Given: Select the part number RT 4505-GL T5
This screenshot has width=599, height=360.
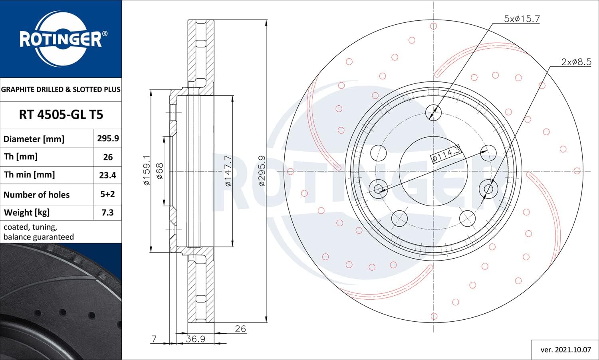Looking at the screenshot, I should pos(61,115).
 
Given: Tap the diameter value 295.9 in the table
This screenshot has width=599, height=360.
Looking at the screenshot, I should pos(108,138).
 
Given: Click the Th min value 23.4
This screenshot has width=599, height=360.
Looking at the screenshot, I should pos(107,175).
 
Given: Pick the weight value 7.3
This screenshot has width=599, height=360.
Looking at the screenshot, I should pos(107,212).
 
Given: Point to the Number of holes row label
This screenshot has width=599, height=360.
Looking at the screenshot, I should pos(36,194).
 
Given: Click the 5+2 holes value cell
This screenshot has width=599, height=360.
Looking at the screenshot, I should pos(107,194).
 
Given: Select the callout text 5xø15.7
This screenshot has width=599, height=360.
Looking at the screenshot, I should pos(522,19).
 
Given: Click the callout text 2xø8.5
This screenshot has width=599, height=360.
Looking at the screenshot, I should pos(575,62).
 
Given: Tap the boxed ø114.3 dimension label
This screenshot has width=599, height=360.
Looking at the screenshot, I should pos(446,154).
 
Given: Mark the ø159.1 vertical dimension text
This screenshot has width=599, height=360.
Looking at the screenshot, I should pos(147,170).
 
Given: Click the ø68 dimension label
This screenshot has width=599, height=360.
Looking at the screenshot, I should pos(159,171).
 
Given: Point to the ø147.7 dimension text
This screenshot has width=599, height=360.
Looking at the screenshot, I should pos(228,171).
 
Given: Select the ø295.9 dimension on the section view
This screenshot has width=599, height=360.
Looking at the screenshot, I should pos(262,171).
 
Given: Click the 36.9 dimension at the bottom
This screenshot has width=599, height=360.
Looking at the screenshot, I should pos(195,339).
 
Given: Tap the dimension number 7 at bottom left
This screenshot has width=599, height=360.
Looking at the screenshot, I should pos(154,339).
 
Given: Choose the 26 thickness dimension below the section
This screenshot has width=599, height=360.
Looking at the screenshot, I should pos(240,328).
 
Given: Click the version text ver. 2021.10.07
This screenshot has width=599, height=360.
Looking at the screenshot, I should pos(565,350).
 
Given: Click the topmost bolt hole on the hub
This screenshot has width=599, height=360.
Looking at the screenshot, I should pos(433,112).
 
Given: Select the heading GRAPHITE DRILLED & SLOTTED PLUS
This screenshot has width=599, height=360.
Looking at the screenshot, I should pos(61,89).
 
